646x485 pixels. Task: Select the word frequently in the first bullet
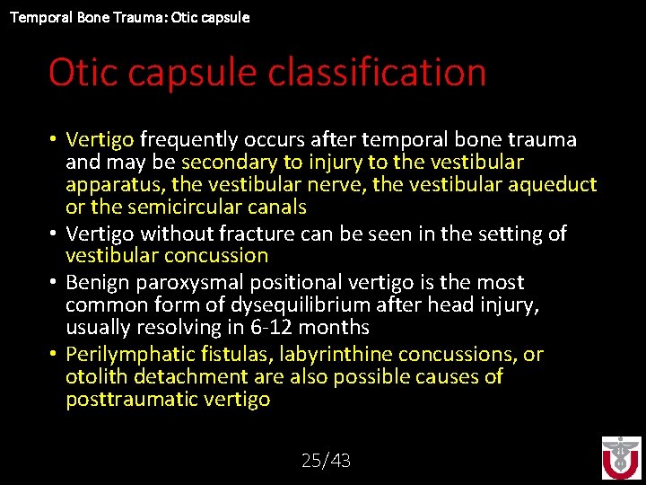[189, 139]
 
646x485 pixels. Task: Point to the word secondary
[228, 162]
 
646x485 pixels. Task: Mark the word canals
[275, 207]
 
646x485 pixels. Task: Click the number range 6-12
[265, 328]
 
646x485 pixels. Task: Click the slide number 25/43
[326, 461]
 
